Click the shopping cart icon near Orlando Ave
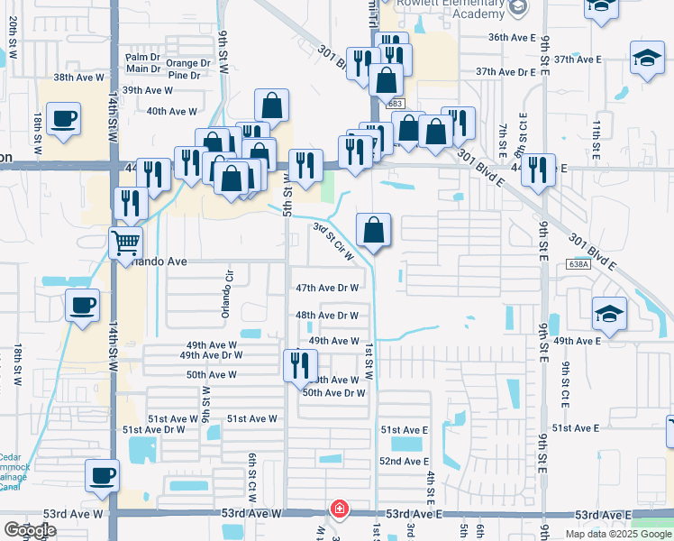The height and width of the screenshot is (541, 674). pyautogui.click(x=125, y=242)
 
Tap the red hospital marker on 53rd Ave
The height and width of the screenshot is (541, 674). pyautogui.click(x=338, y=509)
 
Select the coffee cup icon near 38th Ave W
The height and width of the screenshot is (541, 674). pyautogui.click(x=64, y=118)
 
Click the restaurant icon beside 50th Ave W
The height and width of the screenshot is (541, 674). pyautogui.click(x=299, y=365)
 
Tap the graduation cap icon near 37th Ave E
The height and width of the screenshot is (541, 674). pyautogui.click(x=646, y=59)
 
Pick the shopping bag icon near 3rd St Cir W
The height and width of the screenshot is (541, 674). pyautogui.click(x=373, y=230)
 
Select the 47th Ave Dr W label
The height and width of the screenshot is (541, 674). pyautogui.click(x=328, y=288)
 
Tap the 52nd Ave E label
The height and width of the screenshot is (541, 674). pyautogui.click(x=403, y=461)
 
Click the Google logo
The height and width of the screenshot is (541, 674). pyautogui.click(x=30, y=530)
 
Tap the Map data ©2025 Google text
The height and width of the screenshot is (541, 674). pyautogui.click(x=618, y=534)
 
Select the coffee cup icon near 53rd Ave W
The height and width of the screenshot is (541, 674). pyautogui.click(x=101, y=475)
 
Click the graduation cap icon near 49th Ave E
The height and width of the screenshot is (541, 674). pyautogui.click(x=609, y=315)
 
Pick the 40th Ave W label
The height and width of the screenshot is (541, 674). pyautogui.click(x=171, y=112)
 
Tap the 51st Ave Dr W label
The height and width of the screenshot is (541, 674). pyautogui.click(x=153, y=430)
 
